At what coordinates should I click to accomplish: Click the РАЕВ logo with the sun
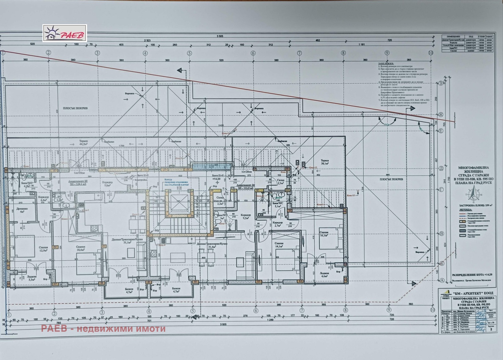pos(64,33)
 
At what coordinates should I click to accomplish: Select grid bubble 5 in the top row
pos(189,53)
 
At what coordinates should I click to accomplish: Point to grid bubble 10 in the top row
pos(431,53)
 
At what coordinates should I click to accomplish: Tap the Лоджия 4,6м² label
pos(324,275)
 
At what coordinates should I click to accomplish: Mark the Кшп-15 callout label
pos(351,196)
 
